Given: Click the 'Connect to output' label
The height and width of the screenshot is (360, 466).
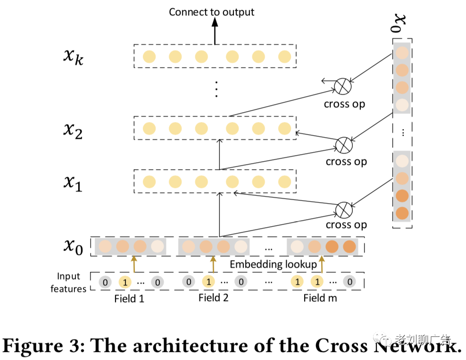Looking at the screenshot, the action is tap(211, 12).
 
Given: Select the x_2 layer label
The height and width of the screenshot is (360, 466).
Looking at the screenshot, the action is tap(73, 131).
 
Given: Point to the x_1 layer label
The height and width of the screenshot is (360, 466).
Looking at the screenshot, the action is tap(73, 183).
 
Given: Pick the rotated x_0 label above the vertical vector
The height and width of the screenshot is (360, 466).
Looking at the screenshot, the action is tap(398, 24).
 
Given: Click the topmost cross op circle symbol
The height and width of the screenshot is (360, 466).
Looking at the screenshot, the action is tap(343, 86).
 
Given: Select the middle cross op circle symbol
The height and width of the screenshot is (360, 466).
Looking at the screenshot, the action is tap(344, 145).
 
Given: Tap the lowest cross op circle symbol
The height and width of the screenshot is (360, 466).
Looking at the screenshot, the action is tap(344, 210).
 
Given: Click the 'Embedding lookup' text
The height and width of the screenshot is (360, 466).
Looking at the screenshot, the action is tap(274, 264).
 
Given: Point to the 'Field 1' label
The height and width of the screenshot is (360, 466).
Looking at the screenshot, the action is tap(129, 299).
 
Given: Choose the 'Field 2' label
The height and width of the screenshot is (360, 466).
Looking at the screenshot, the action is tap(213, 298).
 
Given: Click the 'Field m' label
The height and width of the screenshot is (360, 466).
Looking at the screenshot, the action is tap(320, 298).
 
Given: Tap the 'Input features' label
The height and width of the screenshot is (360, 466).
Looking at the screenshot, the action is tap(68, 283).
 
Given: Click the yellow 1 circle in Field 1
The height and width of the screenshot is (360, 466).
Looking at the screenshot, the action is tap(125, 282).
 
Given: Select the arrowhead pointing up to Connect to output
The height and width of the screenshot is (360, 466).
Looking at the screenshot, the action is tap(215, 22).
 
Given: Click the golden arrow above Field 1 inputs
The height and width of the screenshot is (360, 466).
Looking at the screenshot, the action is tap(134, 264).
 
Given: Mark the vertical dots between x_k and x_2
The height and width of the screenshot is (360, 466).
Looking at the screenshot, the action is tap(216, 89).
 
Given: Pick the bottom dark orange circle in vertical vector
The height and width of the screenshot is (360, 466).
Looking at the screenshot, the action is tap(402, 213).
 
